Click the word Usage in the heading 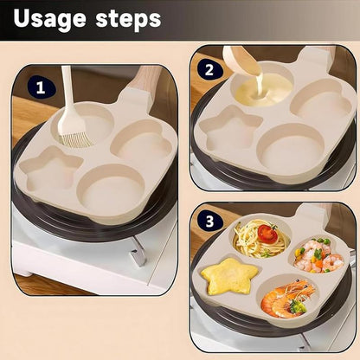tap(49, 19)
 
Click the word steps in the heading tap(128, 18)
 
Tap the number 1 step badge tap(42, 87)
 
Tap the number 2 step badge tap(209, 70)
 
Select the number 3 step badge tap(209, 221)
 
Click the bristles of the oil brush tap(75, 136)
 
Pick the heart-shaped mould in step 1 tap(141, 140)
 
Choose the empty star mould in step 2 tap(230, 127)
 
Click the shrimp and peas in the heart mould tap(318, 254)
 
